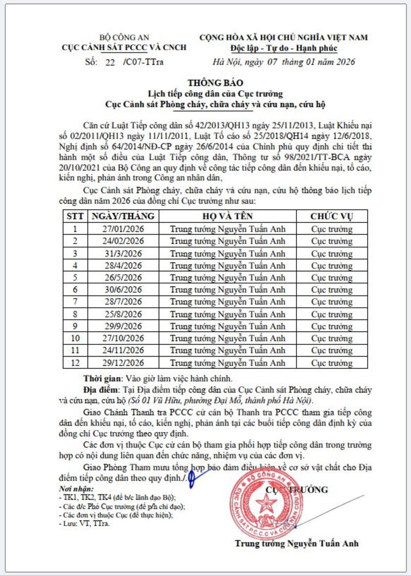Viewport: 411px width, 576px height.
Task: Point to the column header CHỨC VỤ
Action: pos(332,216)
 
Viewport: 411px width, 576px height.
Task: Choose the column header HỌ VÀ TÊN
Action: pos(227,216)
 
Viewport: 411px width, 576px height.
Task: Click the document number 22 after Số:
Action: pos(110,63)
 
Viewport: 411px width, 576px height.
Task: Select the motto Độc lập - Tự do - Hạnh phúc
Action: pos(284,49)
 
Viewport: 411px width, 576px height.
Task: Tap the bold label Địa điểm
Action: pos(102,389)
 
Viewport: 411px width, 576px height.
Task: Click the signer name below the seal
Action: pos(296,543)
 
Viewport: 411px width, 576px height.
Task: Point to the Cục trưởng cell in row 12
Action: pos(332,363)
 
